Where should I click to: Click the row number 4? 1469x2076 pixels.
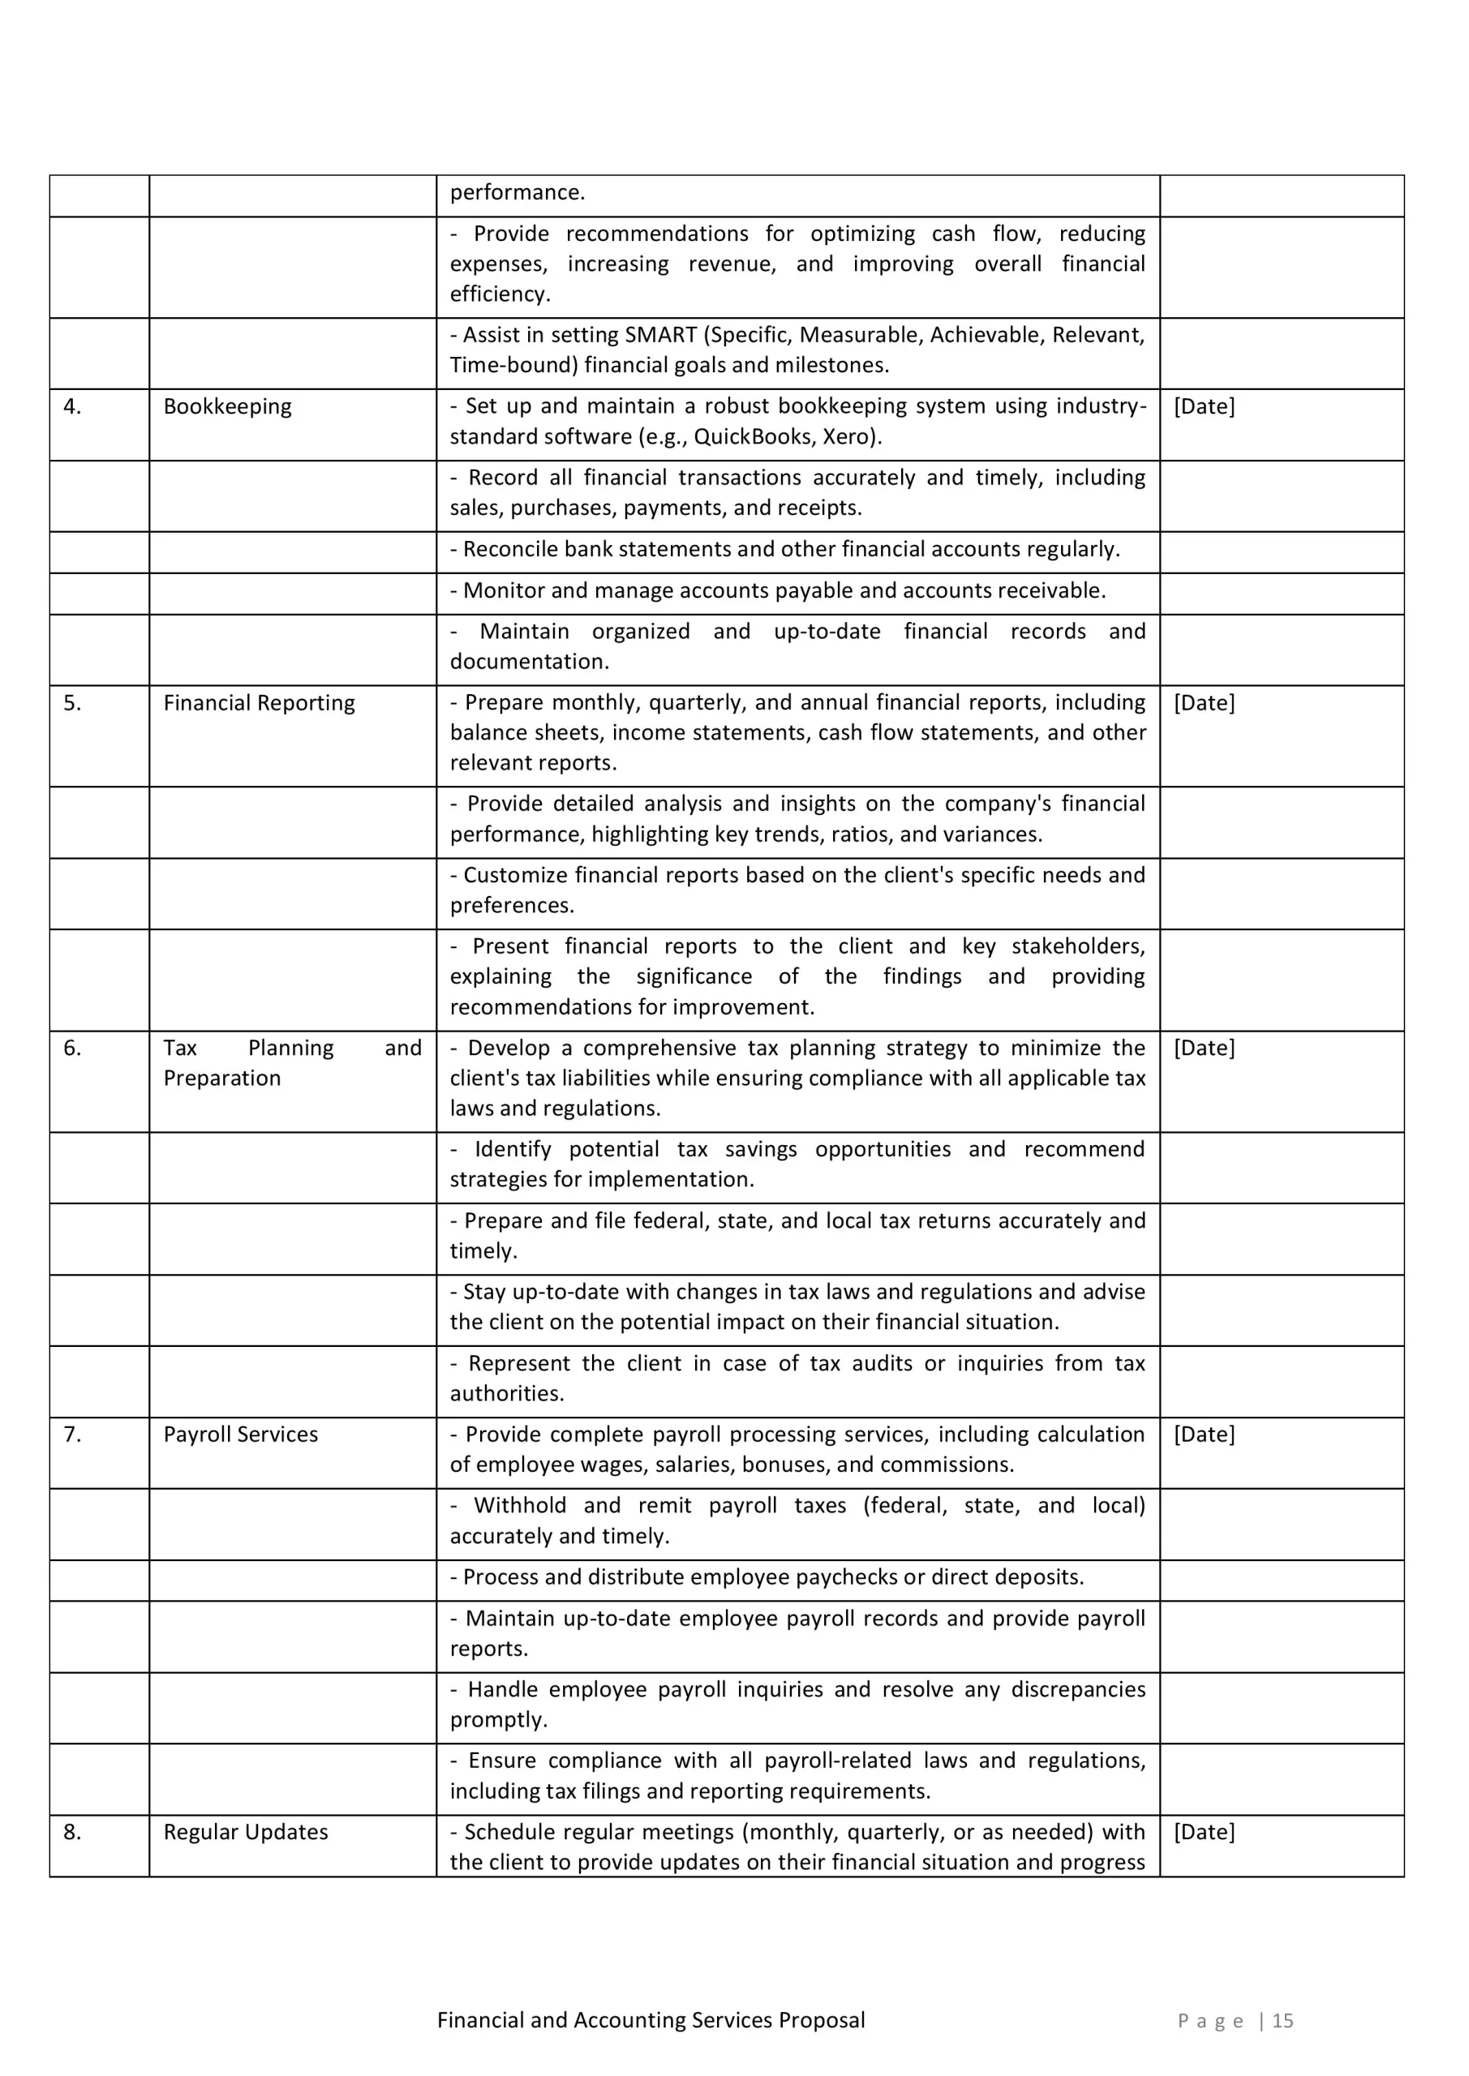[x=72, y=407]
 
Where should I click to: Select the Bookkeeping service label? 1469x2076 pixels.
[x=227, y=407]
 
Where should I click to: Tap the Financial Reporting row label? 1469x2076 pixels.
[x=259, y=703]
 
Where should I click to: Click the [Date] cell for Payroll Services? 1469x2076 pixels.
[x=1203, y=1435]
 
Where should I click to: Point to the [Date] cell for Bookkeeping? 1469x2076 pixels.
[x=1203, y=407]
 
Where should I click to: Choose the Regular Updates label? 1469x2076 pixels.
[x=245, y=1833]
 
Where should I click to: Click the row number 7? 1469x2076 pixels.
[x=72, y=1435]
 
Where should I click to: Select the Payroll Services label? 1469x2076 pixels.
[x=241, y=1435]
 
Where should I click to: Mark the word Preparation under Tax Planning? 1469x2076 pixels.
[x=221, y=1079]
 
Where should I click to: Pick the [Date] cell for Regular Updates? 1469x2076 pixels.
[x=1203, y=1833]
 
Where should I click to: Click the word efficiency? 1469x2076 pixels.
[x=500, y=294]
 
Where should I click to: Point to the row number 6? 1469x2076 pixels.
[x=72, y=1049]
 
